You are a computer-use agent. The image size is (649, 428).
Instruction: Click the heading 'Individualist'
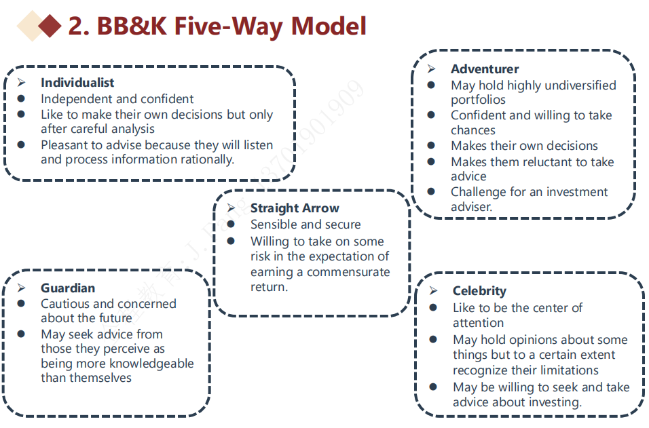click(77, 83)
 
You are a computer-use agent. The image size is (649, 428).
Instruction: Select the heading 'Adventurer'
click(484, 69)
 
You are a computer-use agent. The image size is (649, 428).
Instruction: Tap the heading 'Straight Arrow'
click(294, 208)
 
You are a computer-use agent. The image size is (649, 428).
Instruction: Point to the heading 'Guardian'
click(67, 288)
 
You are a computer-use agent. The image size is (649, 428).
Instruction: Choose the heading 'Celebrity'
click(479, 291)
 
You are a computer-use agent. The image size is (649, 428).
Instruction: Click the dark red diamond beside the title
click(50, 26)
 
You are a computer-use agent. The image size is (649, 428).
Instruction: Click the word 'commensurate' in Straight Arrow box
click(348, 272)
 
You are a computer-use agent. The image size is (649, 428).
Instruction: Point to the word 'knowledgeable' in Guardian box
click(151, 364)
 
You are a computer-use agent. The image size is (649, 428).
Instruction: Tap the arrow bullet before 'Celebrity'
click(434, 291)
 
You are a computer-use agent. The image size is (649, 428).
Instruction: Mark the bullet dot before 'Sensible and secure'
click(231, 225)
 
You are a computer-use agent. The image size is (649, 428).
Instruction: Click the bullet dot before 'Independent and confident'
click(22, 99)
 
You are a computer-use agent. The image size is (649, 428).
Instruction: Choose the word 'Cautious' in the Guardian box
click(66, 304)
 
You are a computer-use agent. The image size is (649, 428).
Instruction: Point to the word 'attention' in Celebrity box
click(478, 323)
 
